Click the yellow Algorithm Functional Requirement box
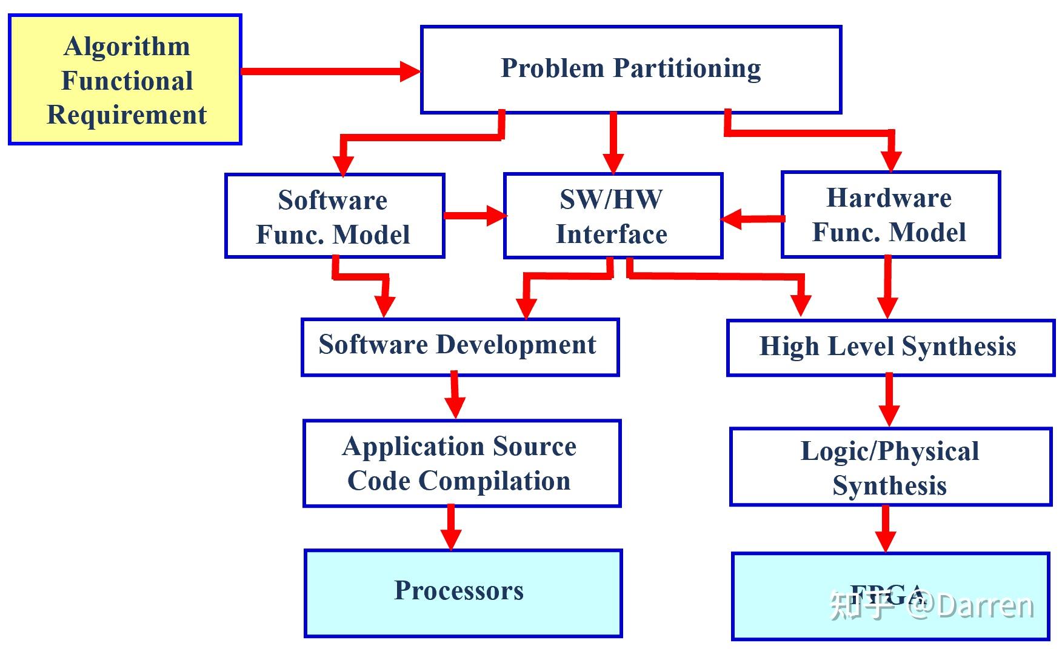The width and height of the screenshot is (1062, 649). coord(125,79)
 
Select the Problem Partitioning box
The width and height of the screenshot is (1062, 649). coord(630,70)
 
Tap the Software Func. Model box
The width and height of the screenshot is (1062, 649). coord(334,216)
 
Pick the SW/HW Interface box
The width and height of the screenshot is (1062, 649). coord(612,216)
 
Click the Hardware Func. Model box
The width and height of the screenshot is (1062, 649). coord(890,215)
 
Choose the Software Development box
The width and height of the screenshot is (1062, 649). coord(459,347)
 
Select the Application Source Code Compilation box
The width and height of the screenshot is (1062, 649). coord(461,463)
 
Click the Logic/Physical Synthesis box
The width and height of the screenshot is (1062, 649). coord(890,467)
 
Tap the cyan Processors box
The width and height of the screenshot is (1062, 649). coord(463,593)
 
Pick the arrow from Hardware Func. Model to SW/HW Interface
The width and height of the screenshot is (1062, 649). coord(752,219)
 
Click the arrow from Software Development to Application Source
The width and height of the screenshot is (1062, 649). coord(454,396)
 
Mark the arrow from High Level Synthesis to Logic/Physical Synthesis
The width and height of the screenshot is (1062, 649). coord(889,399)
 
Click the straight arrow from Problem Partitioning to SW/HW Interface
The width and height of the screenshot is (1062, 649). coord(613,142)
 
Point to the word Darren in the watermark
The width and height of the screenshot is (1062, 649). coord(984,605)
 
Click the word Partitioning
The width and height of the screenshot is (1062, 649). coord(687,68)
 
